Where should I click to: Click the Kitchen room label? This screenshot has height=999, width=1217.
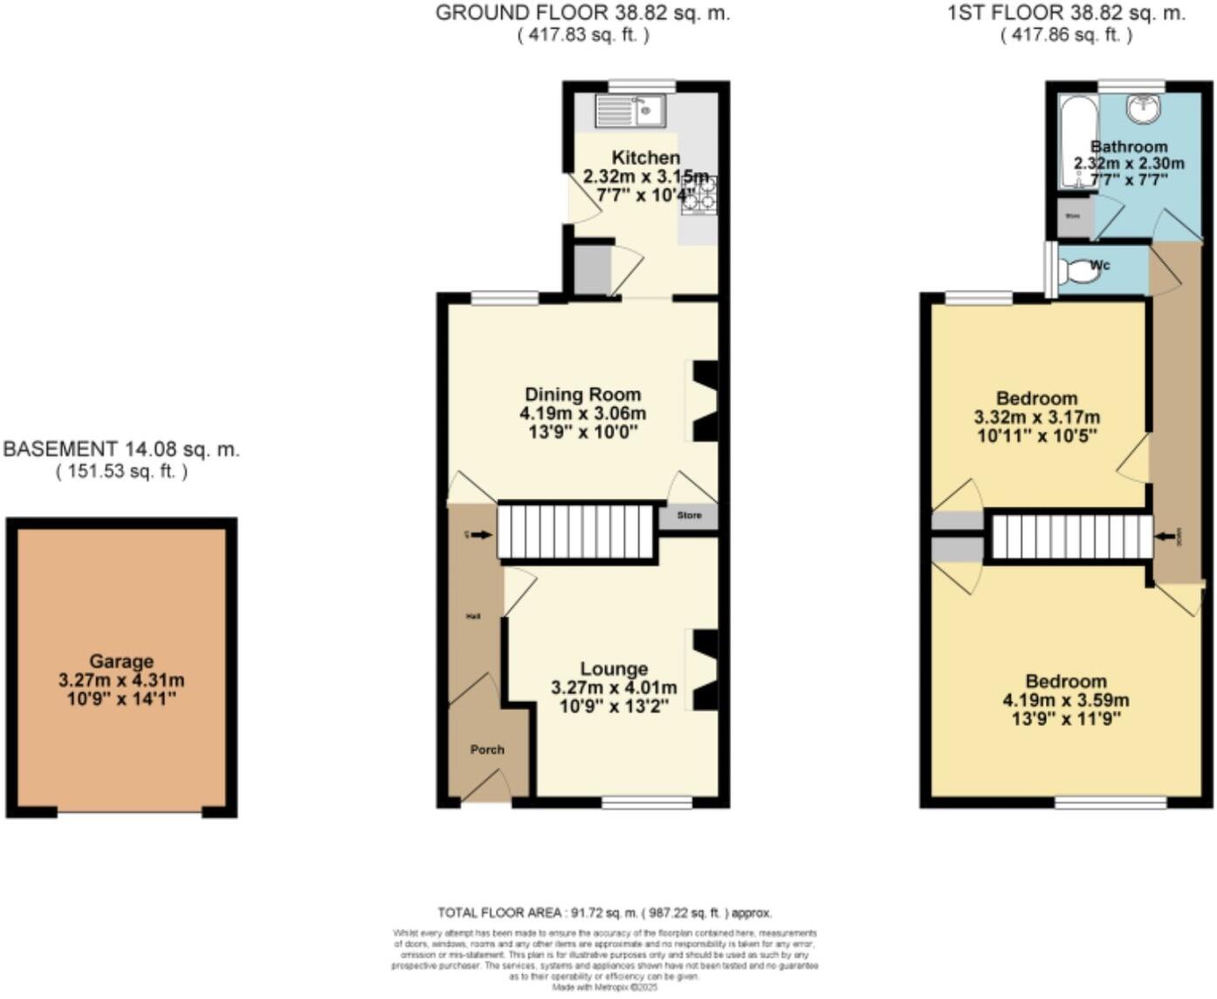(645, 158)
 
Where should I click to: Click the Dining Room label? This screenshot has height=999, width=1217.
(582, 395)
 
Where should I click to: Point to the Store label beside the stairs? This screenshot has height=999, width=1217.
(689, 515)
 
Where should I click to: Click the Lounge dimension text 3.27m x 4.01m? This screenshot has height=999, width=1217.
(614, 688)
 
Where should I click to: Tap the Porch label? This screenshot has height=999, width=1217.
(487, 749)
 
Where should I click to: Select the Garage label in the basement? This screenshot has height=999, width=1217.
(121, 662)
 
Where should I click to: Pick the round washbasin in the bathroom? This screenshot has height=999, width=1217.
(1143, 108)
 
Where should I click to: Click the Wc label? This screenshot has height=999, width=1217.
(1100, 265)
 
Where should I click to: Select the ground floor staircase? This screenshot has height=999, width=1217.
(576, 531)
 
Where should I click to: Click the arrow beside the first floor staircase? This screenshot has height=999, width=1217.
(1165, 536)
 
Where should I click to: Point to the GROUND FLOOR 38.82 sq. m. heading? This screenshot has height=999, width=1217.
(582, 13)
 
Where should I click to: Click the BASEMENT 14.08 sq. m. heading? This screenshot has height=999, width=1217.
(121, 450)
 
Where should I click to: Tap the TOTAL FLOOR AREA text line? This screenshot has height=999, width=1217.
(604, 913)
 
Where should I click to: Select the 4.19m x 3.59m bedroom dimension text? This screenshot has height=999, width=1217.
(1066, 700)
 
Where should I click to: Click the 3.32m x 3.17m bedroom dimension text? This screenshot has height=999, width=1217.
(1036, 417)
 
